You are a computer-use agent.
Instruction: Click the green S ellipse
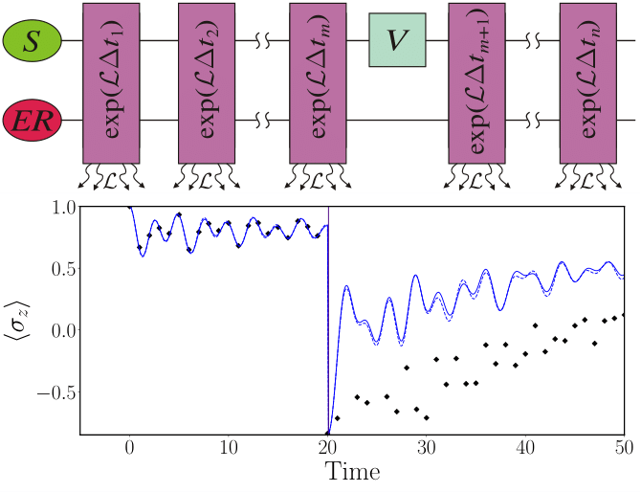click(32, 40)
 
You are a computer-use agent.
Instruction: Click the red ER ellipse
click(32, 122)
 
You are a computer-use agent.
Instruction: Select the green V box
click(397, 40)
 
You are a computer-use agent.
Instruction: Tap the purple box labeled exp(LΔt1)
click(112, 81)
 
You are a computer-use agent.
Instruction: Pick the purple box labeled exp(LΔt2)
click(207, 81)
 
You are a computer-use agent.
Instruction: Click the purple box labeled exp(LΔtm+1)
click(476, 81)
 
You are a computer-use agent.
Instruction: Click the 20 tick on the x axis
click(327, 446)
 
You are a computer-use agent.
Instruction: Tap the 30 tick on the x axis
click(426, 446)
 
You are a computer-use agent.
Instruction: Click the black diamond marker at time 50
click(624, 314)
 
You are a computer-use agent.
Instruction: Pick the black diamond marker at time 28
click(407, 368)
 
